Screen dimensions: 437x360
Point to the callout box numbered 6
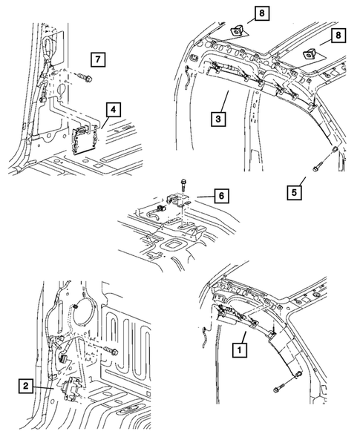222,196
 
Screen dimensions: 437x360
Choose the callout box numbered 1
240,347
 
